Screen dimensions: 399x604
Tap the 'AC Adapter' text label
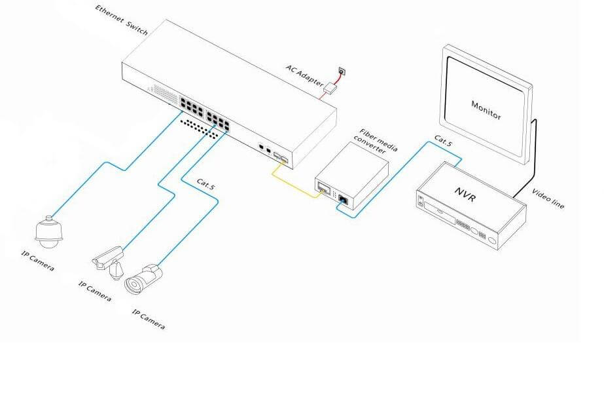pos(305,75)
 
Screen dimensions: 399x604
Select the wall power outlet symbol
pos(341,71)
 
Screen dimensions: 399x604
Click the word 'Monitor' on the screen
pos(486,109)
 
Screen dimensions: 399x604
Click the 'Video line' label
pos(549,197)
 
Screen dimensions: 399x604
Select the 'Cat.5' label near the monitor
pos(443,139)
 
